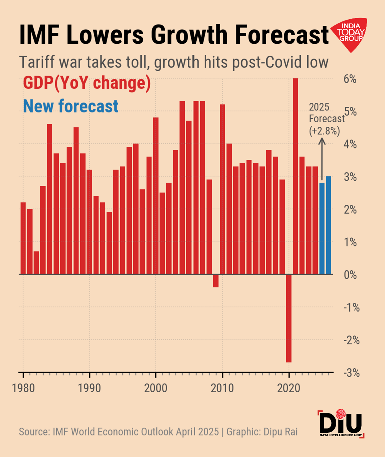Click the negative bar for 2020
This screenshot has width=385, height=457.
pyautogui.click(x=289, y=318)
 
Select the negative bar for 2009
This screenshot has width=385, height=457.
pyautogui.click(x=216, y=281)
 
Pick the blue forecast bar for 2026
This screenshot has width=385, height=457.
pyautogui.click(x=328, y=225)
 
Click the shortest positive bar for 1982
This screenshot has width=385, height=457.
pyautogui.click(x=36, y=263)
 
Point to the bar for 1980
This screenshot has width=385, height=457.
pyautogui.click(x=23, y=238)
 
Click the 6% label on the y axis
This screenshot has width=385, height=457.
pyautogui.click(x=349, y=79)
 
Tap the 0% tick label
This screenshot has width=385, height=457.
pyautogui.click(x=349, y=275)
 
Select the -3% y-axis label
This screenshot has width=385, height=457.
pyautogui.click(x=349, y=373)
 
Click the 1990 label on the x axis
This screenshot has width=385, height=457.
pyautogui.click(x=89, y=388)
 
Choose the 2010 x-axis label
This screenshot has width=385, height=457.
pyautogui.click(x=222, y=388)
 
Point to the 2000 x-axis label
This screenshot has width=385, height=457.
pyautogui.click(x=156, y=388)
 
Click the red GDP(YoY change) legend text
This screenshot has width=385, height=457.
pyautogui.click(x=87, y=83)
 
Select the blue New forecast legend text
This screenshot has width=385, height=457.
pyautogui.click(x=71, y=106)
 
